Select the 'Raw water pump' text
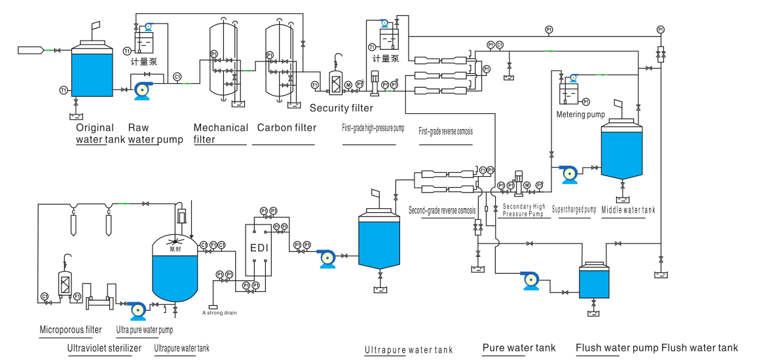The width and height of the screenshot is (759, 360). [x=155, y=133]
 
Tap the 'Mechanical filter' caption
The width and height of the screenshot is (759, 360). [x=221, y=133]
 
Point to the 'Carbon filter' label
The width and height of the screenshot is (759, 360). [x=286, y=128]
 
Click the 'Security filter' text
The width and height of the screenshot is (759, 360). [x=341, y=108]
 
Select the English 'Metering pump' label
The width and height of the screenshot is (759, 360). [x=580, y=115]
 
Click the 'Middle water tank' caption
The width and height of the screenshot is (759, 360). [x=628, y=210]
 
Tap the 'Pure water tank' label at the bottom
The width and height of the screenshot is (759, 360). [x=519, y=348]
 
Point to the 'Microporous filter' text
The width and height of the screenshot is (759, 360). [x=71, y=329]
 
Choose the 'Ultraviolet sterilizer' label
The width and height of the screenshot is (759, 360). [x=104, y=348]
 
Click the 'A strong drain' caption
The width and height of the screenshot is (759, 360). [x=219, y=313]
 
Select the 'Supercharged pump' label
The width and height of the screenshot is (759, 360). [x=574, y=210]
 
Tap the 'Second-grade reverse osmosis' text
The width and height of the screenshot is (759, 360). [x=442, y=211]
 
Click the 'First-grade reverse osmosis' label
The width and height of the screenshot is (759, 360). [x=445, y=131]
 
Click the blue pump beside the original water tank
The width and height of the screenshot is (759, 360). [x=142, y=90]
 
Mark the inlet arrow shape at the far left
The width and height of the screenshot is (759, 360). [x=31, y=50]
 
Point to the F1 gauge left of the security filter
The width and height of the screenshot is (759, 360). [x=314, y=84]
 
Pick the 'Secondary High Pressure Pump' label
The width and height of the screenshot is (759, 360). [x=523, y=210]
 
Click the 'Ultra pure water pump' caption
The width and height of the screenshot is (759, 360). [x=144, y=329]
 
